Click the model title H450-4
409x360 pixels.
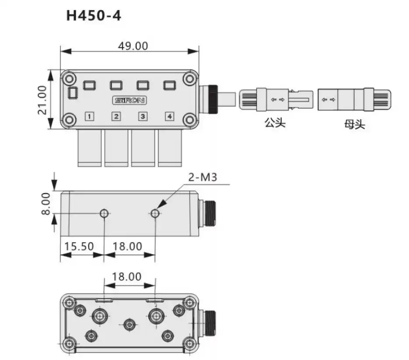point(93,16)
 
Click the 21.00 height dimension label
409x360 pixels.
point(42,100)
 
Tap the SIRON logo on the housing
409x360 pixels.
point(129,100)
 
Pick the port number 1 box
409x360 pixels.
point(89,116)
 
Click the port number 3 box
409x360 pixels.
point(142,116)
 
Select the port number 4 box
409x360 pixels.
point(169,116)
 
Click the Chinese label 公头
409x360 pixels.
point(275,123)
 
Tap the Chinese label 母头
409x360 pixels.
point(354,125)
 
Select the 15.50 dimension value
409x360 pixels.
point(79,246)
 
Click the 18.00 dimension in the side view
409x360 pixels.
point(127,246)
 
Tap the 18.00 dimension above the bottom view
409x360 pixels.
point(127,277)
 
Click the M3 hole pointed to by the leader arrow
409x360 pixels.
point(155,213)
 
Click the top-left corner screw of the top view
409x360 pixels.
point(68,79)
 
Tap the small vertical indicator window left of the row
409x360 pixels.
point(73,93)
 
